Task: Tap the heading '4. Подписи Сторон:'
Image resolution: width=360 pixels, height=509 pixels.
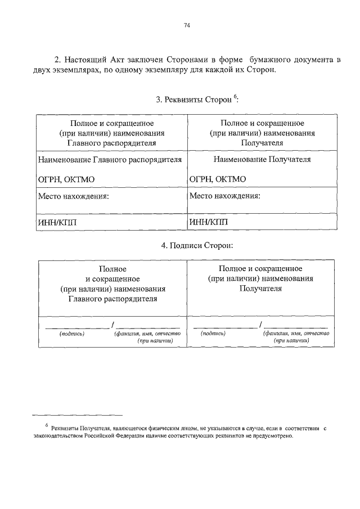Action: point(196,245)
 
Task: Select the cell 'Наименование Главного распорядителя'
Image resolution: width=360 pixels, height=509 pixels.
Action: point(110,160)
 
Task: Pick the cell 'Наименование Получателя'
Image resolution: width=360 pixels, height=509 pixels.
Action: point(262,160)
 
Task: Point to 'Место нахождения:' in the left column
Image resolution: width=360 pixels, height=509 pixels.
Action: point(73,197)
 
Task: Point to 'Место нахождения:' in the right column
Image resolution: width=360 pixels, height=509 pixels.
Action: point(225,197)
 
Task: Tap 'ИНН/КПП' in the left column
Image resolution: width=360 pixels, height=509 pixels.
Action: point(56,222)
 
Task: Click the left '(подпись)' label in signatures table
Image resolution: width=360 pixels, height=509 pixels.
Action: point(72,334)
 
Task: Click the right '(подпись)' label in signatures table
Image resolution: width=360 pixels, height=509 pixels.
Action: point(213,334)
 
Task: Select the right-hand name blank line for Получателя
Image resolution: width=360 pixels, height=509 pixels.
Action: point(296,327)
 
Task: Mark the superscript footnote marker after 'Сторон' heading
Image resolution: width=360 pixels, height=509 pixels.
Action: point(236,96)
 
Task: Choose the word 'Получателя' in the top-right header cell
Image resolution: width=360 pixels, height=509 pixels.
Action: point(262,143)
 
